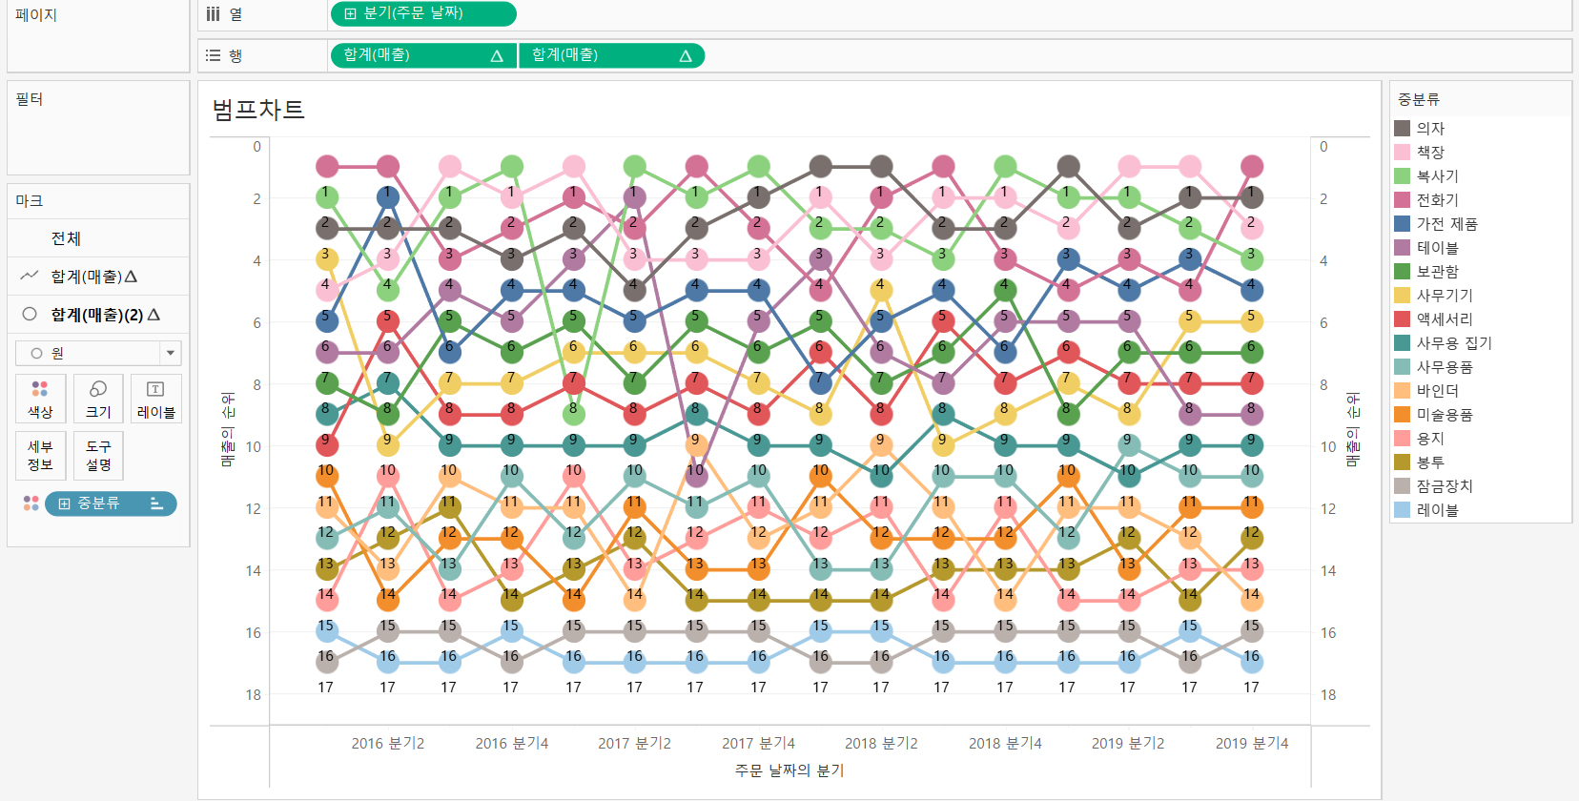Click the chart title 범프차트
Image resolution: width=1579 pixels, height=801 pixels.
pyautogui.click(x=258, y=110)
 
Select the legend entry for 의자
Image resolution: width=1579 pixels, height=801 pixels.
pyautogui.click(x=1429, y=129)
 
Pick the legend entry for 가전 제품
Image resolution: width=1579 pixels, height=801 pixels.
pyautogui.click(x=1446, y=224)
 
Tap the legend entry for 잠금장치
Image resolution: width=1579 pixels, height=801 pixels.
pyautogui.click(x=1444, y=486)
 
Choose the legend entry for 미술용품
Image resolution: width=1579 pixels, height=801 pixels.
pyautogui.click(x=1444, y=415)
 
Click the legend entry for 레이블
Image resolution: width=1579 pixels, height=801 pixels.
pyautogui.click(x=1436, y=510)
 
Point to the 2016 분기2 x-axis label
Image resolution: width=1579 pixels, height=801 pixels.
pyautogui.click(x=387, y=744)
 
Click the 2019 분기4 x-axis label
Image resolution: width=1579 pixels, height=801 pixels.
pyautogui.click(x=1251, y=744)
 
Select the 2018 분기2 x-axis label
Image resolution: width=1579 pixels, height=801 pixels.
pyautogui.click(x=881, y=744)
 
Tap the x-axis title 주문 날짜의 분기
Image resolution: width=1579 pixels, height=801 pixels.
pyautogui.click(x=789, y=770)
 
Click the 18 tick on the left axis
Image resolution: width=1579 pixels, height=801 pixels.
pyautogui.click(x=253, y=695)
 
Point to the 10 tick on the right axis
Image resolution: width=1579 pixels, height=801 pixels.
pyautogui.click(x=1327, y=447)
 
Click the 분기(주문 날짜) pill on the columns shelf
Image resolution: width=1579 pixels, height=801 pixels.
pyautogui.click(x=422, y=14)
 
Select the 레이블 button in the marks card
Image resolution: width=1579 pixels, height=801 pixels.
pyautogui.click(x=155, y=399)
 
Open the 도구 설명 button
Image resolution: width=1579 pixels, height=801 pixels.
pyautogui.click(x=98, y=455)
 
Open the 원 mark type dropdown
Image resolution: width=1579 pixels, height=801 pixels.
pyautogui.click(x=98, y=354)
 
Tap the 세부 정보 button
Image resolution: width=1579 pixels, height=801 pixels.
pyautogui.click(x=40, y=455)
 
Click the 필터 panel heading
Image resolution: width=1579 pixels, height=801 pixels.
pyautogui.click(x=30, y=99)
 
